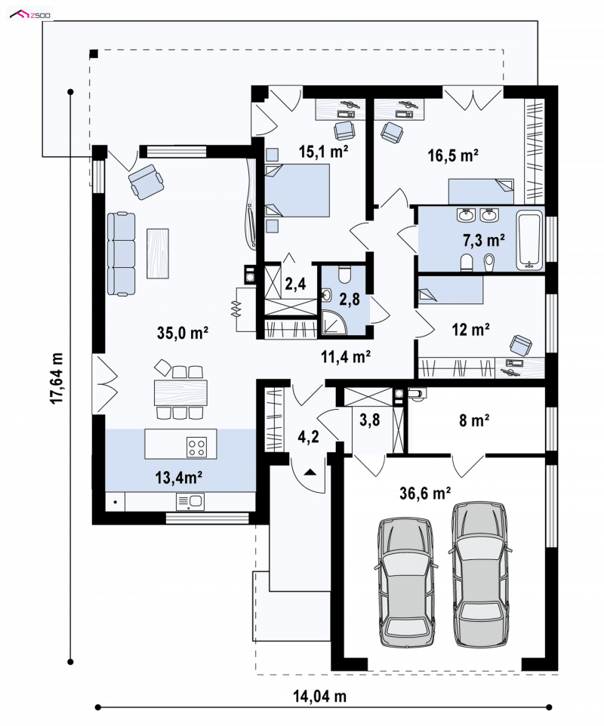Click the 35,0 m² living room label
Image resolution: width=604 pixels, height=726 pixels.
point(183,333)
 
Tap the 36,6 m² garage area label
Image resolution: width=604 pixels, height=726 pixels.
point(425,494)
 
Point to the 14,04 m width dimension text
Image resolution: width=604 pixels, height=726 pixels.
point(319,696)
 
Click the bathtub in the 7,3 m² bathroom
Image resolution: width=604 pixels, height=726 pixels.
point(529,240)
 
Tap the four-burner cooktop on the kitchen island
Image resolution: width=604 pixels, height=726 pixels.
point(196,448)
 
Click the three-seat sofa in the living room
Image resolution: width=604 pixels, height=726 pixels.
point(122,254)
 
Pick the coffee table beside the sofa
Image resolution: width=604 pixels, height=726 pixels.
point(158,254)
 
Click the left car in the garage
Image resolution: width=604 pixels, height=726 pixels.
point(405,583)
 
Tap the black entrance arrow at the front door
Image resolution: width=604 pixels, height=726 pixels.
point(310,472)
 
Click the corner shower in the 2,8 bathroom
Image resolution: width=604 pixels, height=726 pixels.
point(334,321)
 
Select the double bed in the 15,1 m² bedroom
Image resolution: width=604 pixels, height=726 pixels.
point(297,190)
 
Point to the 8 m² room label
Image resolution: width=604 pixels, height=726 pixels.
point(474,420)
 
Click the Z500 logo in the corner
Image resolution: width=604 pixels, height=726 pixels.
point(30,15)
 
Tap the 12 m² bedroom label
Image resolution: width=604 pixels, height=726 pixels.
point(470,330)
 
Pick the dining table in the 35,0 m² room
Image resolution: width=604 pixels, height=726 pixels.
point(180,392)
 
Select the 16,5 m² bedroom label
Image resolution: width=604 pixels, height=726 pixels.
point(452,155)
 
